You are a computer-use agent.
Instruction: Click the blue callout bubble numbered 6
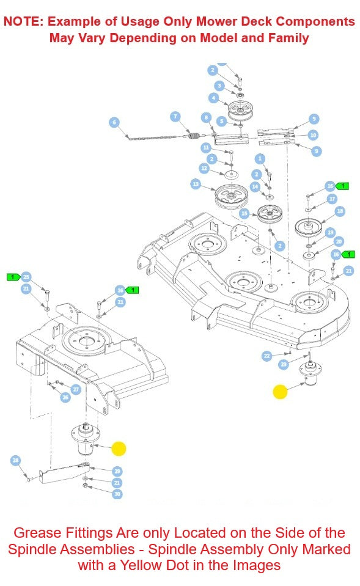click(114, 122)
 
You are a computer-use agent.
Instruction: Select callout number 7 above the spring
click(175, 116)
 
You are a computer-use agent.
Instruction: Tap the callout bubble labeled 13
click(196, 184)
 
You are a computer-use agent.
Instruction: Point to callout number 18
click(340, 211)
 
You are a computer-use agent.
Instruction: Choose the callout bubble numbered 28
click(16, 460)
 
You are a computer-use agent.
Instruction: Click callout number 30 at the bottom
click(117, 494)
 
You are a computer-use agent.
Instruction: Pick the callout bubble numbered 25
click(26, 277)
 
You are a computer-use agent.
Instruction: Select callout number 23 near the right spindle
click(283, 364)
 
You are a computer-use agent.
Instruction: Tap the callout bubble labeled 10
click(313, 135)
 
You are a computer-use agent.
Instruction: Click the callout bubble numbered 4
click(213, 98)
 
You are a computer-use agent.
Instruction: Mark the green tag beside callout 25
click(12, 277)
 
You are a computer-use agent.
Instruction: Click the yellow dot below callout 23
click(280, 392)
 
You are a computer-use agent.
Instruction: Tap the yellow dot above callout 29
click(119, 449)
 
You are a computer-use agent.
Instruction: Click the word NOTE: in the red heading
click(24, 21)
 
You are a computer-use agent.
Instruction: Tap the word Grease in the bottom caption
click(36, 533)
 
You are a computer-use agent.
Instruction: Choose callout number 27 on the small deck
click(76, 389)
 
